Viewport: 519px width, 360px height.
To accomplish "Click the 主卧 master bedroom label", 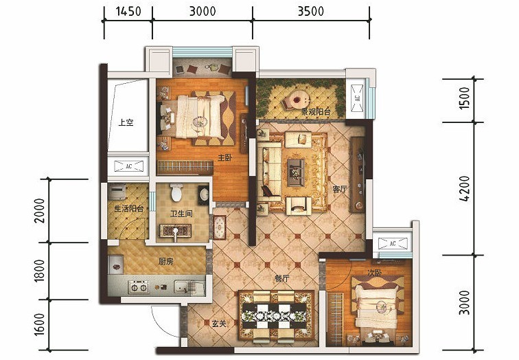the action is pos(224,157).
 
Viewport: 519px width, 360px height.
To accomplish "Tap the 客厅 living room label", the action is pos(340,189).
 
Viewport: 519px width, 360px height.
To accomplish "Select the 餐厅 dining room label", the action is pos(281,278).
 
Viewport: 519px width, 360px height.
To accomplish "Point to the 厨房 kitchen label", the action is pos(166,262).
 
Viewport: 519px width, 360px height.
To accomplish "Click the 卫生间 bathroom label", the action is pos(181,214).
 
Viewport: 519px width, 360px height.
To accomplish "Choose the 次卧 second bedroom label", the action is pos(374,273).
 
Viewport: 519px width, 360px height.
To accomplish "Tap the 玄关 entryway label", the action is pos(219,324).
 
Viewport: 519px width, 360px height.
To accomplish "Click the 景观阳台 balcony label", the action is pos(315,111).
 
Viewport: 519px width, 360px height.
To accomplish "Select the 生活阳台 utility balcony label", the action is pos(129,209).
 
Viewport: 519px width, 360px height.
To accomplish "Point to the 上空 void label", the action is pos(126,122).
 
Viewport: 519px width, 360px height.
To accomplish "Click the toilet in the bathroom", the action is pos(176,192).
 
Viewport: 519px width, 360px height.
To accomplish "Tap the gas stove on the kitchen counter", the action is pos(139,287).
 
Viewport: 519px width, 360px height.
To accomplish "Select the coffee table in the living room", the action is pos(296,172).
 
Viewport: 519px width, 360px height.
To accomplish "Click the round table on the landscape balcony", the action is pos(298,99).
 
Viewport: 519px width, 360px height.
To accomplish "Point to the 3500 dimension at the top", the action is pos(310,11).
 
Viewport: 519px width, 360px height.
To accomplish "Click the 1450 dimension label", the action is pos(128,11).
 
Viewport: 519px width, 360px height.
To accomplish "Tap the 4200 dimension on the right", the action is pos(465,188).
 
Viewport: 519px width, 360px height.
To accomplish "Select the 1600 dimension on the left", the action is pos(39,325).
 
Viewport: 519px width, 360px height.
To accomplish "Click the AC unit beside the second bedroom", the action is pos(393,243).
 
